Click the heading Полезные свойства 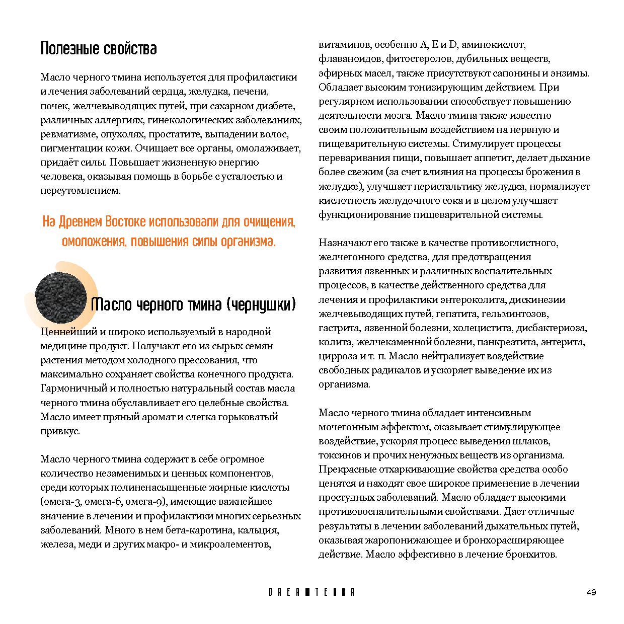(x=98, y=48)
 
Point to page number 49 (x=591, y=592)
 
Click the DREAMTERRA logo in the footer (x=311, y=592)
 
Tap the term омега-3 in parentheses (x=61, y=502)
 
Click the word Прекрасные (x=346, y=470)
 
